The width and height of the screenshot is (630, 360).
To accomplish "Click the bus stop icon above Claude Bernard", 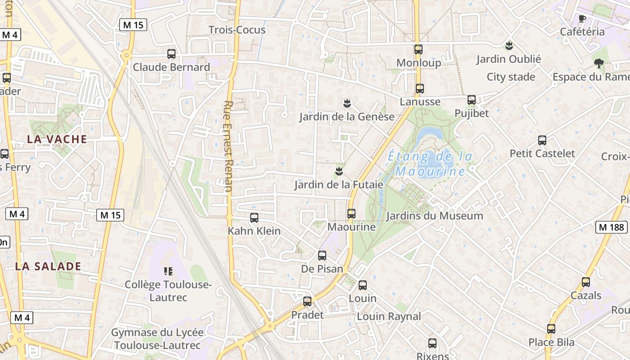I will [171, 54].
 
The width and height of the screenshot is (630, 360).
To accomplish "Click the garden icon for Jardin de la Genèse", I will [346, 103].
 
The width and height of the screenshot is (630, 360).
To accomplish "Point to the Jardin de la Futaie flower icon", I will [339, 171].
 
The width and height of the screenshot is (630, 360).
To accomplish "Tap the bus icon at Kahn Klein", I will [254, 218].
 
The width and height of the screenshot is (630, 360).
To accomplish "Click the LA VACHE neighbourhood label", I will [57, 139].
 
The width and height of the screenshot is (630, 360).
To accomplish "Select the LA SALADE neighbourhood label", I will [48, 266].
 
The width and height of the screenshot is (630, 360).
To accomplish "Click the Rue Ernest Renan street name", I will [228, 146].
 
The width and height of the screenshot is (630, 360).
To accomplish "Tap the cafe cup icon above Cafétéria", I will [582, 18].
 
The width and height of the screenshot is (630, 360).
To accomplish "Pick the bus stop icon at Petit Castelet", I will [542, 140].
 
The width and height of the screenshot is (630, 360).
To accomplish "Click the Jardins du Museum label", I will [434, 216].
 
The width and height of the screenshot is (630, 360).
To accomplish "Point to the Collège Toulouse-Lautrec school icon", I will [168, 271].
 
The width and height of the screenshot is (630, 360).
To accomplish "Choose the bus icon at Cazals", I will [586, 282].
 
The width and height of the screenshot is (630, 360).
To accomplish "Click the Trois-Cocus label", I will [237, 30].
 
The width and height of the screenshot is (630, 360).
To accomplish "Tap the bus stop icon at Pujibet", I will [472, 100].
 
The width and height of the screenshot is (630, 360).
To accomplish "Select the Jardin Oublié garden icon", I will [509, 45].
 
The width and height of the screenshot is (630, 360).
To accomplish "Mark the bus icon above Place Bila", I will [551, 329].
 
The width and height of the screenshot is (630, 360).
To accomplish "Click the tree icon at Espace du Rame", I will [598, 63].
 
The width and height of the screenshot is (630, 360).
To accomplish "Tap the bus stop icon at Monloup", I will [418, 49].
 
